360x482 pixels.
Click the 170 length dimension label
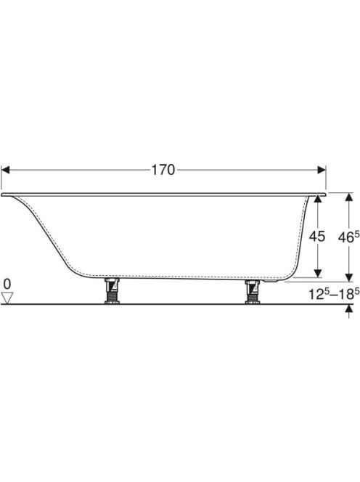(x=163, y=170)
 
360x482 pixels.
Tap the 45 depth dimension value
(x=317, y=237)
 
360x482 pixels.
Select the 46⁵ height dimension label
(x=348, y=237)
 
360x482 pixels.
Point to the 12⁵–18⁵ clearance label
(x=334, y=294)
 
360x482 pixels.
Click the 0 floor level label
(x=7, y=284)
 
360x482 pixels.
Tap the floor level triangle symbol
(x=7, y=298)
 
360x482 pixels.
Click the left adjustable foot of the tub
(x=112, y=290)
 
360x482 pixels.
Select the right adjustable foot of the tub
(x=252, y=292)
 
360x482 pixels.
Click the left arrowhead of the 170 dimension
(x=5, y=170)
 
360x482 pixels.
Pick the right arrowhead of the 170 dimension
(x=322, y=170)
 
